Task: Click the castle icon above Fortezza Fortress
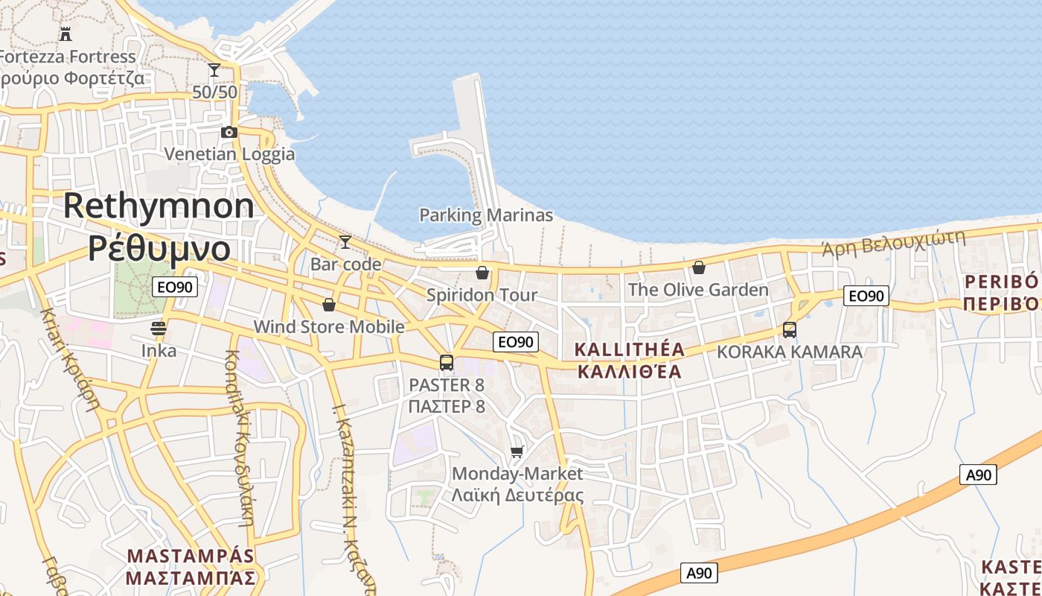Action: (x=65, y=34)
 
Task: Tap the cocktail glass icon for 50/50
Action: (x=214, y=70)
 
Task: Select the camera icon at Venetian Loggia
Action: (x=229, y=133)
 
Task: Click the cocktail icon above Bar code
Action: (x=345, y=241)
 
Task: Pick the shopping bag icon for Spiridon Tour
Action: (x=482, y=273)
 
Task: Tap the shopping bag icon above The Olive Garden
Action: (x=698, y=267)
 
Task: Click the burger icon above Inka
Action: (x=159, y=328)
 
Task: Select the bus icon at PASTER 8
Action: (x=447, y=363)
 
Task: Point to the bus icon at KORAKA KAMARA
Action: (x=790, y=329)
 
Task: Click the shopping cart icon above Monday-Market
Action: (x=517, y=451)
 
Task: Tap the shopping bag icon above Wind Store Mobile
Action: (x=329, y=305)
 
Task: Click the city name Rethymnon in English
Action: (x=159, y=206)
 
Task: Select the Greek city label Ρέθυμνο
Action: (x=159, y=247)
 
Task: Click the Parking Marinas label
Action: (x=486, y=215)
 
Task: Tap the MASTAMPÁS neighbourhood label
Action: (x=191, y=557)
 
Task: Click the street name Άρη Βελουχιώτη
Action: (x=893, y=243)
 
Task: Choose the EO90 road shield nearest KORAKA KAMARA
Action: (x=866, y=296)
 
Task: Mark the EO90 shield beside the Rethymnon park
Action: (x=175, y=287)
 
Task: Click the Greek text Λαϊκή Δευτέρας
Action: (x=518, y=495)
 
